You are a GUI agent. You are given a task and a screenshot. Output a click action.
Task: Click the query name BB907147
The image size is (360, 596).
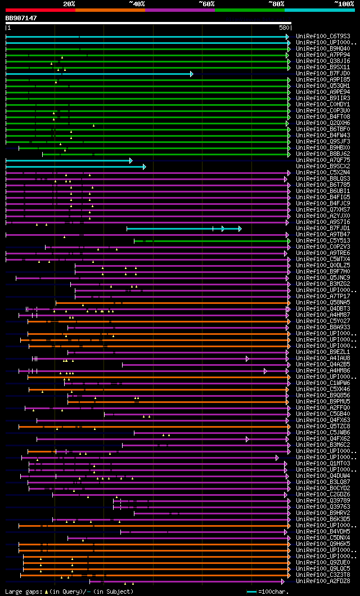tap(21, 18)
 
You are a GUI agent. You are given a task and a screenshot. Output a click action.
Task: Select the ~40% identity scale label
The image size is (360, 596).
tap(137, 3)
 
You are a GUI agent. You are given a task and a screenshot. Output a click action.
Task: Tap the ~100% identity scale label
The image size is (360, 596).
tap(344, 3)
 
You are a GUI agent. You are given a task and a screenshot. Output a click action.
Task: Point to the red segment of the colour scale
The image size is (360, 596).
tap(40, 10)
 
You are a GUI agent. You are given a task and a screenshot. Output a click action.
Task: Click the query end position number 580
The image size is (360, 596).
tap(283, 28)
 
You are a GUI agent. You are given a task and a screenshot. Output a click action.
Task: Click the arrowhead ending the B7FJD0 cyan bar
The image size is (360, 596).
tap(192, 74)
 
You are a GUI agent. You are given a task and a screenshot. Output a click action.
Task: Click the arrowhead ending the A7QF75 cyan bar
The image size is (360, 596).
tap(131, 160)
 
